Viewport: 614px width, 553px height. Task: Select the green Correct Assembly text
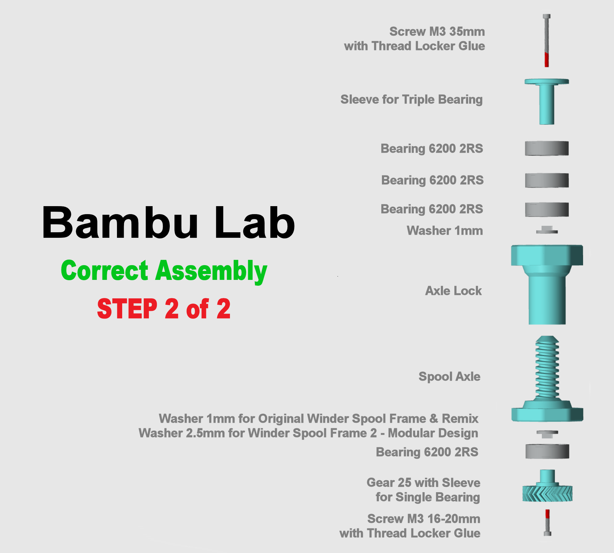click(164, 271)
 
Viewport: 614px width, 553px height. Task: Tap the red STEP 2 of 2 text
click(164, 309)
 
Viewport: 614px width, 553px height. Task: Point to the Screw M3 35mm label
click(437, 32)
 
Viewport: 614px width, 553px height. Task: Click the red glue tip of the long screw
click(546, 60)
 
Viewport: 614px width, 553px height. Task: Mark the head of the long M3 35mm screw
click(546, 16)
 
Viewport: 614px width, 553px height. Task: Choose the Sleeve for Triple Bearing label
click(411, 100)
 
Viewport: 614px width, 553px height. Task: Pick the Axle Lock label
click(453, 291)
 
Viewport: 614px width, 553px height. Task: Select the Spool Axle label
click(449, 376)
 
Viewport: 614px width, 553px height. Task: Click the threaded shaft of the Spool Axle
click(547, 369)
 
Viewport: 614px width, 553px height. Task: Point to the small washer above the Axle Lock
click(547, 231)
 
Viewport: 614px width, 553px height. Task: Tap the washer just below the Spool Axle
click(547, 433)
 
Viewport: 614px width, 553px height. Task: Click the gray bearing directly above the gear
click(547, 451)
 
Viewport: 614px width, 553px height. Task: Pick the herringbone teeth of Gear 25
click(547, 493)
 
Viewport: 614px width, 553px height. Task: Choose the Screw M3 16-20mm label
click(424, 519)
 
